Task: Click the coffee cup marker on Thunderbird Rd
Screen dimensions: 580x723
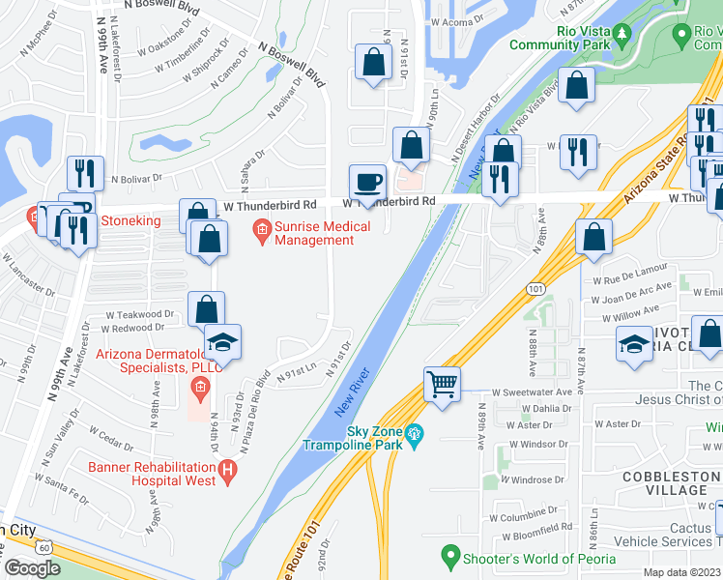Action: point(366,181)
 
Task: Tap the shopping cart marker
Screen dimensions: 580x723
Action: point(442,385)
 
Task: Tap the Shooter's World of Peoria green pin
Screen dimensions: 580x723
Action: point(449,556)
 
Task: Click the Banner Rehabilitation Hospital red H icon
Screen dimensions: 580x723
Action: point(227,472)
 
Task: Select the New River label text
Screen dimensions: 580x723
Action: point(353,396)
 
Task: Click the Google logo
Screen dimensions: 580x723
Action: point(32,567)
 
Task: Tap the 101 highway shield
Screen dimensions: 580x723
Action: point(535,288)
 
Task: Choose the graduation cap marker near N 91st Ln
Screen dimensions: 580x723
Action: point(222,343)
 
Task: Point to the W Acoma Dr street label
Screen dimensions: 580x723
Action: point(456,20)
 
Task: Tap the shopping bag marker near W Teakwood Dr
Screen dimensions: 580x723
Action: point(207,309)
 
